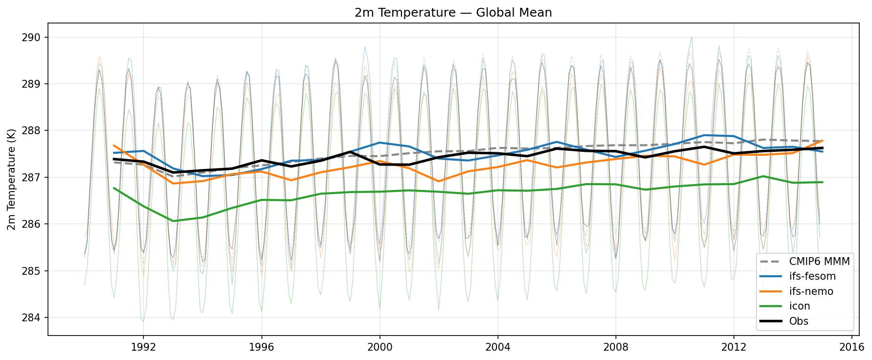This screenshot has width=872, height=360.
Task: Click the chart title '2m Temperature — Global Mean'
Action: point(453,13)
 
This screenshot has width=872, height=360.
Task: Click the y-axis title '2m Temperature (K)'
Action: point(11,179)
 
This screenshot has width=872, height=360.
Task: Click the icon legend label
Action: point(800,306)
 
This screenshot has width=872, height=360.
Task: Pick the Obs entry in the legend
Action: point(799,321)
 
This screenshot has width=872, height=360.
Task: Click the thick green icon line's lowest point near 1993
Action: point(173,221)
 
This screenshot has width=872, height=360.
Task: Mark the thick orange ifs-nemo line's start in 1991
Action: point(114,145)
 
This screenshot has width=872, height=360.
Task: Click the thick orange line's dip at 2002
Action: point(439,181)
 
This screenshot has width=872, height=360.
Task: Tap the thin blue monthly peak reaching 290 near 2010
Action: point(691,37)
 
